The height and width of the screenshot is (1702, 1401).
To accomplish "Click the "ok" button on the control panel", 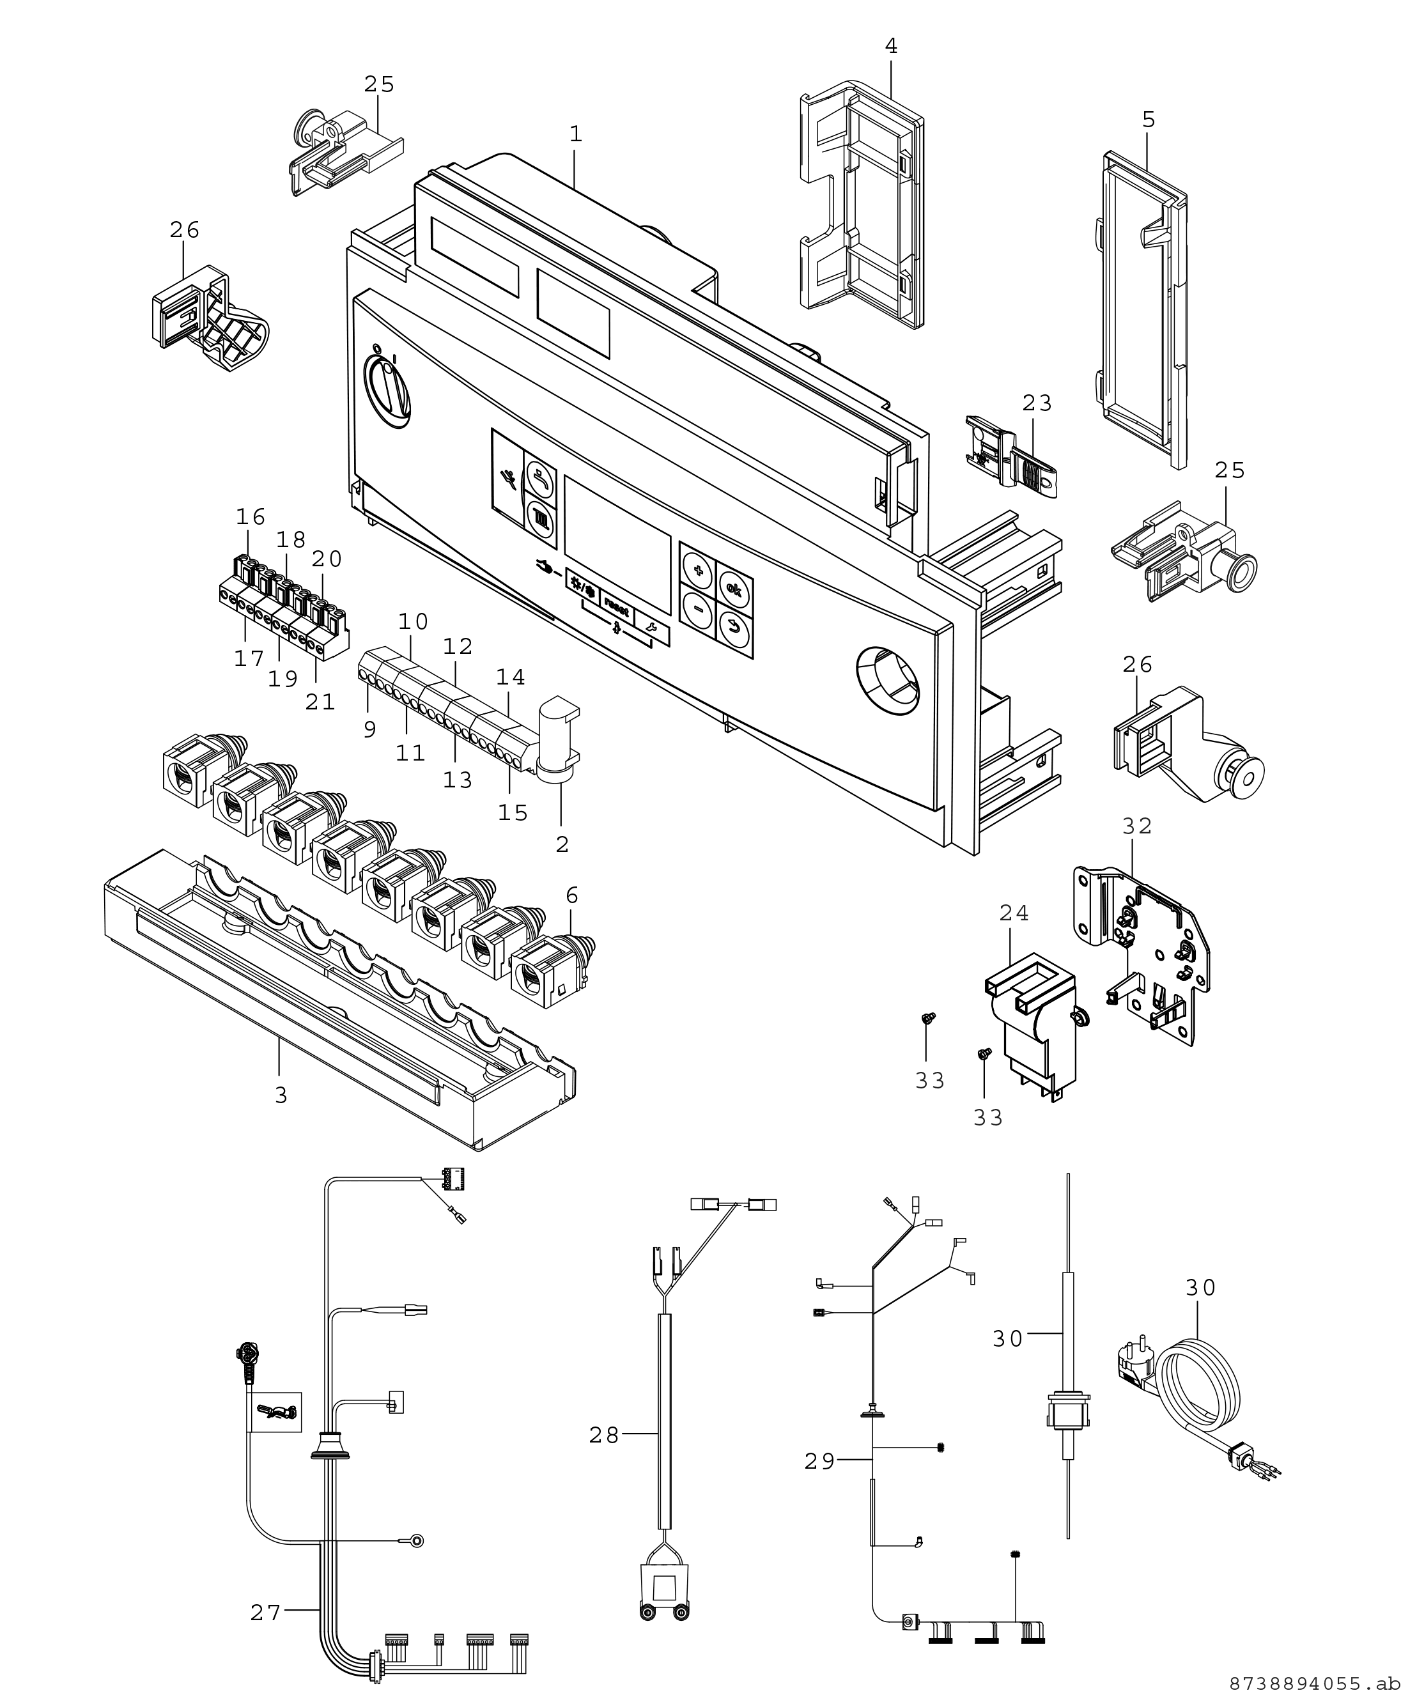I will (734, 587).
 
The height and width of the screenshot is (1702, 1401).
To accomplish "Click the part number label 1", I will (575, 134).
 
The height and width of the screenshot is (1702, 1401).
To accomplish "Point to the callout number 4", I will (891, 47).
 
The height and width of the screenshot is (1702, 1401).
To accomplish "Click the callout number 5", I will (1149, 120).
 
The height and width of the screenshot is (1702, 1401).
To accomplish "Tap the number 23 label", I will (1038, 403).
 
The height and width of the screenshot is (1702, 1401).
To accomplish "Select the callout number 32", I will (1136, 826).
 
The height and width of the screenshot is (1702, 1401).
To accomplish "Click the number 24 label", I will (1014, 913).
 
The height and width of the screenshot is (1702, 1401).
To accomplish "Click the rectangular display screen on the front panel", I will (617, 544).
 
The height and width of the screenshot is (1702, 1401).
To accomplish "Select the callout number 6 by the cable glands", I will (572, 895).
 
